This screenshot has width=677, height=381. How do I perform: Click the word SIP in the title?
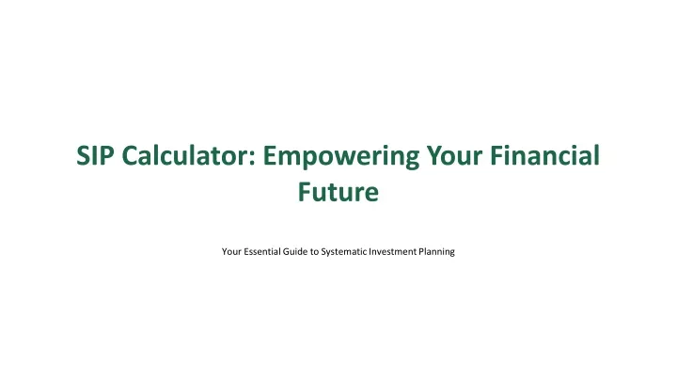(95, 155)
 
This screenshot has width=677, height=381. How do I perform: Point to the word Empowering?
(341, 157)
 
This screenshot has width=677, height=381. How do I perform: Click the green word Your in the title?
(454, 155)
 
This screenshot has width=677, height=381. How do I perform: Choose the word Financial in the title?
(544, 155)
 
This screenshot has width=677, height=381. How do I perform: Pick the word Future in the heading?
(338, 192)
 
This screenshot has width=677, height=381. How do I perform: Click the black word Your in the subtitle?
(231, 251)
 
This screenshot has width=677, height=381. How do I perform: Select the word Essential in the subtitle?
(262, 251)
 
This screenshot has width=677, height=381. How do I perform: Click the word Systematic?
(344, 252)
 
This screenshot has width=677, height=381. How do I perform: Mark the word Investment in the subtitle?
(393, 251)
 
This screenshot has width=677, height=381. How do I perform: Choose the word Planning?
(437, 252)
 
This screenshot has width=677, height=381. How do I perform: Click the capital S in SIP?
(84, 155)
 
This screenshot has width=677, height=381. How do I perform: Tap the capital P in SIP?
(107, 155)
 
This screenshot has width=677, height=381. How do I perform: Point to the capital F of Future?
(305, 192)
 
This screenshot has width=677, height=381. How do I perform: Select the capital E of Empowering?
(270, 155)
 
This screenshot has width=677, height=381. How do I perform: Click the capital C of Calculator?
(131, 155)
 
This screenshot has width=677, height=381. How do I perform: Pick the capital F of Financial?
(497, 155)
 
